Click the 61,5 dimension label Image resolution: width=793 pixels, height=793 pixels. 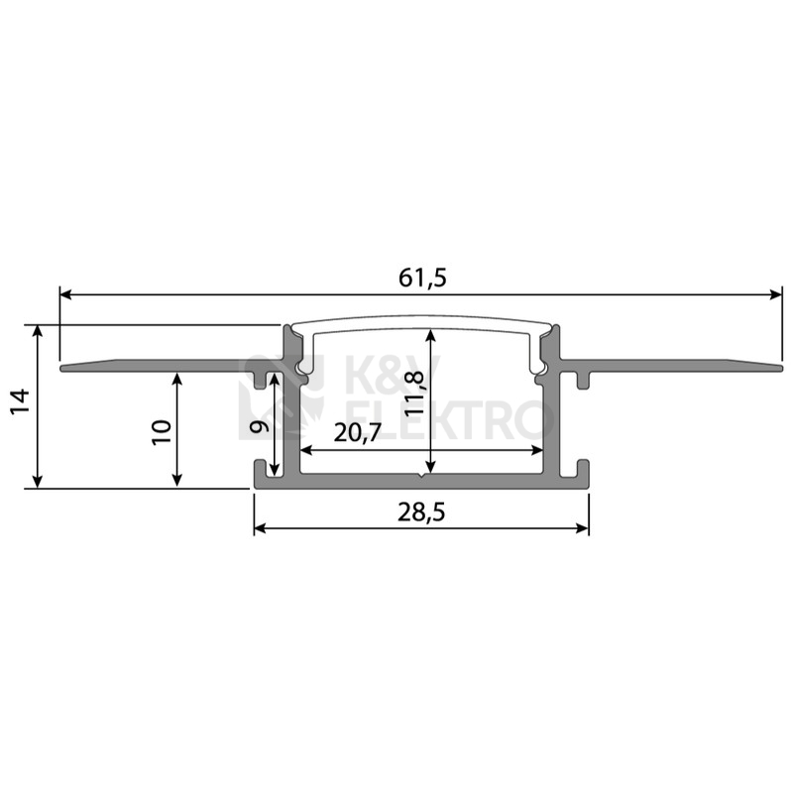click(422, 278)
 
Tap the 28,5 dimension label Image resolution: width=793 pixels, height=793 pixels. click(420, 512)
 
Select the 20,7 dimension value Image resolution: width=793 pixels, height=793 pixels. click(357, 433)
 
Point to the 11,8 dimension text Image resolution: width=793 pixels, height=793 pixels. click(413, 393)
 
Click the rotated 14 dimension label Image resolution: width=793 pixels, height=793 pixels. click(20, 402)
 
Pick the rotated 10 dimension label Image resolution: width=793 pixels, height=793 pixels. click(163, 432)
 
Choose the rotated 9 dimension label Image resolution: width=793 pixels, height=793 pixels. click(260, 426)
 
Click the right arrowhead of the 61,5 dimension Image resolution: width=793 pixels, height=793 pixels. click(776, 294)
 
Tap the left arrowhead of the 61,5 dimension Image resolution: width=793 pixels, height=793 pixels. click(66, 294)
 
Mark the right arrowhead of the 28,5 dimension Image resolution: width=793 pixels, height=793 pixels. click(582, 529)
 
